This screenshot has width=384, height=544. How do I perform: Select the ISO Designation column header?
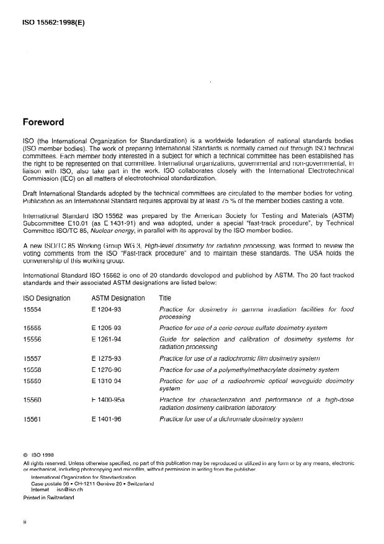pyautogui.click(x=47, y=298)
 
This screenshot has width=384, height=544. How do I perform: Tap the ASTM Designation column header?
pyautogui.click(x=118, y=298)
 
